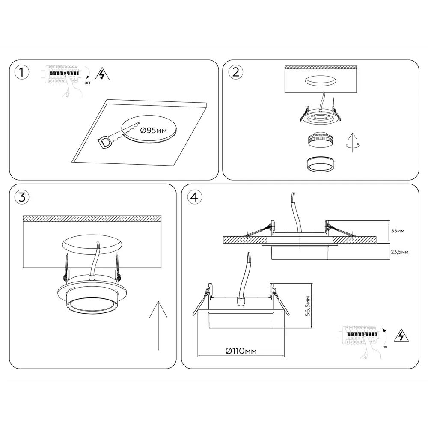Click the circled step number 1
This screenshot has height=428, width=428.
click(21, 72)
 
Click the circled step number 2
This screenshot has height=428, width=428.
click(235, 72)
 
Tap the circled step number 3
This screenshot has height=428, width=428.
click(22, 197)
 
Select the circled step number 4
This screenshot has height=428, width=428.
click(194, 197)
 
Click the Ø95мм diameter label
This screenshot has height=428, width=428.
click(154, 131)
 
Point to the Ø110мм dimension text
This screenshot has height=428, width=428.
click(241, 351)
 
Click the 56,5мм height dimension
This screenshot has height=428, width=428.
click(308, 306)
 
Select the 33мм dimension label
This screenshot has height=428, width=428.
click(398, 231)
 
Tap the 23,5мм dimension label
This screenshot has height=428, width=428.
click(400, 252)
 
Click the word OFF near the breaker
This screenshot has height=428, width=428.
click(88, 83)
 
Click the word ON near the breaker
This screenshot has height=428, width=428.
click(385, 347)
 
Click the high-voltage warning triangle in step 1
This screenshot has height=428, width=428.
click(102, 74)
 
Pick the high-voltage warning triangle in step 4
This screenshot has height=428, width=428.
click(401, 335)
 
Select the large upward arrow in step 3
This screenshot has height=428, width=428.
click(158, 325)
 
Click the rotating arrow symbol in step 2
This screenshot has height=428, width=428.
click(353, 143)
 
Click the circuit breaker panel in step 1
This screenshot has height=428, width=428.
click(62, 74)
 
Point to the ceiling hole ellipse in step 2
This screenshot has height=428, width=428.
click(321, 81)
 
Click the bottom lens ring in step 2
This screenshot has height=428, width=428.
click(321, 164)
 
